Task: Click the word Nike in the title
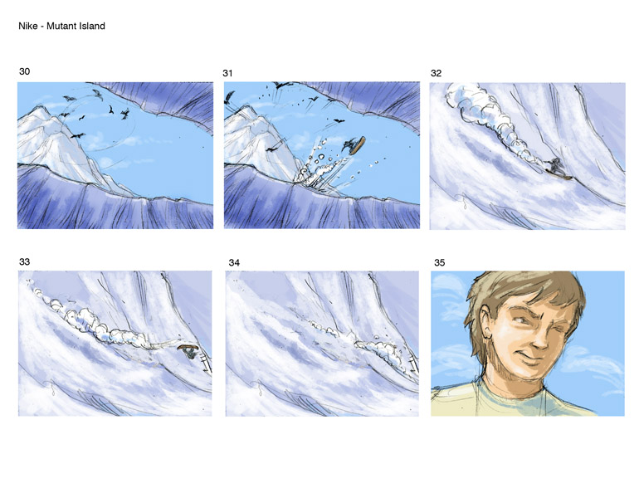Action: (27, 26)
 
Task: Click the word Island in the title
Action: (94, 26)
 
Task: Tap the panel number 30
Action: (25, 71)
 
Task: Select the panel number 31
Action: (227, 73)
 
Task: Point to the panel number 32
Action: (436, 73)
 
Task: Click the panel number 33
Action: (25, 261)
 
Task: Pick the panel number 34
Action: (234, 262)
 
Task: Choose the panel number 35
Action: (440, 262)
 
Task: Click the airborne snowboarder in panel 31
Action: (354, 144)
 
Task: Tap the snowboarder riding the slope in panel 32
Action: (559, 169)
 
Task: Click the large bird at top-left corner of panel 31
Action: (229, 99)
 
